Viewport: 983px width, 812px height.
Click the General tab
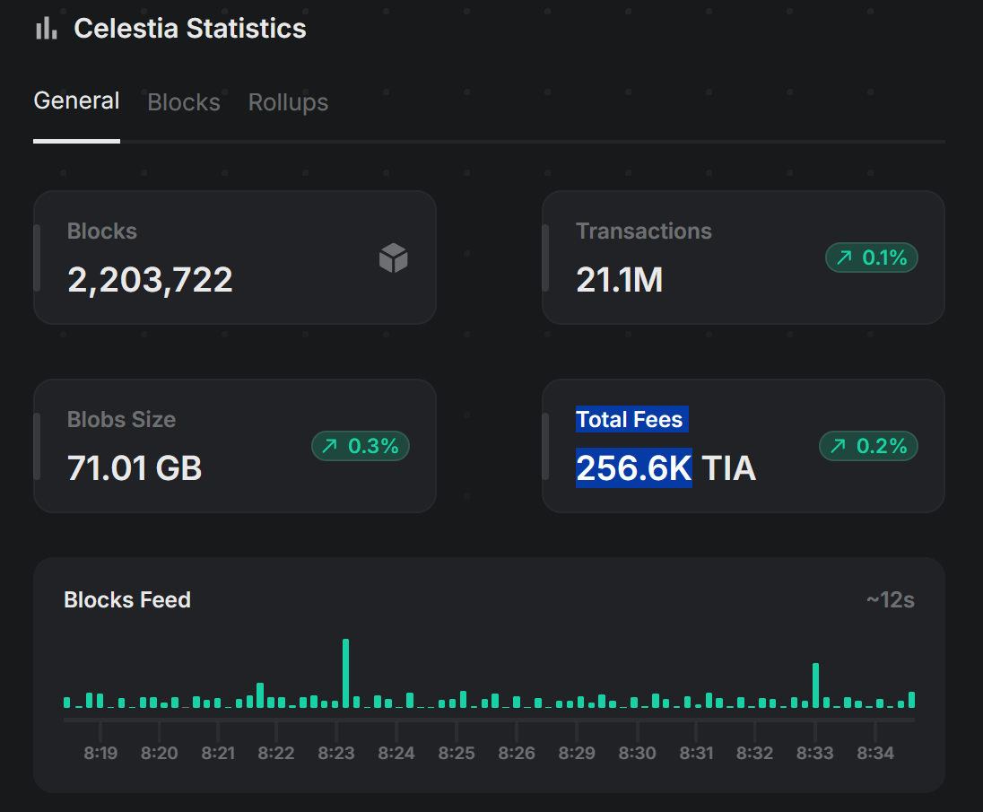(76, 101)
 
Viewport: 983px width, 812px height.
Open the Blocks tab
(184, 103)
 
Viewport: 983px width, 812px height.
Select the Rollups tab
(288, 103)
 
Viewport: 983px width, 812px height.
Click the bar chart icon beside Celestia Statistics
(46, 29)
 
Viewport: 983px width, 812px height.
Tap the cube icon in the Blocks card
(394, 259)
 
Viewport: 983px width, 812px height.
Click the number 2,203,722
(150, 281)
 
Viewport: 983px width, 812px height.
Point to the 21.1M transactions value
(619, 281)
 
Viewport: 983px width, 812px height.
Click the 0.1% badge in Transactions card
(872, 258)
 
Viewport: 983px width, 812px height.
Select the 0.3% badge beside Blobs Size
(361, 446)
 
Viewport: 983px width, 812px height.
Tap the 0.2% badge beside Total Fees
(869, 446)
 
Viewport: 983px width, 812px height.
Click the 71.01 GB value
(135, 468)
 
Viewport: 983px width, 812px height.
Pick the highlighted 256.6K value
(633, 468)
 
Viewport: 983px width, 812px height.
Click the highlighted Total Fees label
(630, 420)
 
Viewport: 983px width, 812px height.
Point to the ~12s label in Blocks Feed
(890, 600)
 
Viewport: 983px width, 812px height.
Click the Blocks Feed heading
(127, 600)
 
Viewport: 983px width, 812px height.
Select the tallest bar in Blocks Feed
(345, 673)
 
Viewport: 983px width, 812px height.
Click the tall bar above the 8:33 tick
(815, 685)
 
